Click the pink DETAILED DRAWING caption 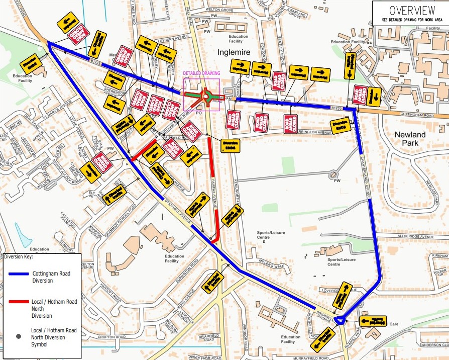[201, 73]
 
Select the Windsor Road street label [246, 329]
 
